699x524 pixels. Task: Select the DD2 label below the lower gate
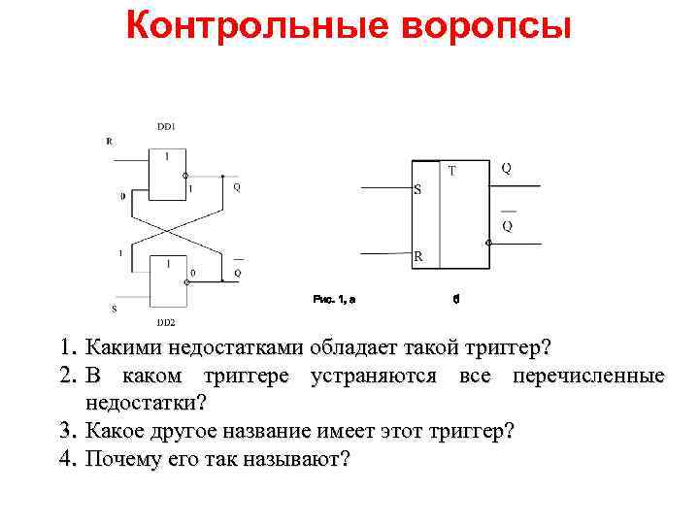[x=166, y=321]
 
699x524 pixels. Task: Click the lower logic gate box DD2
[x=167, y=280]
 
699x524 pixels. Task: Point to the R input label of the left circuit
[x=109, y=142]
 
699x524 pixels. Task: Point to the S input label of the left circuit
[x=113, y=309]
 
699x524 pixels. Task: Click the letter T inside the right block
[x=451, y=172]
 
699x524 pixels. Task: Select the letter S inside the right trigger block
[x=417, y=189]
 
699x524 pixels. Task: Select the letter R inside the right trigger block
[x=417, y=257]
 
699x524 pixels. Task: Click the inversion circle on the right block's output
[x=488, y=242]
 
